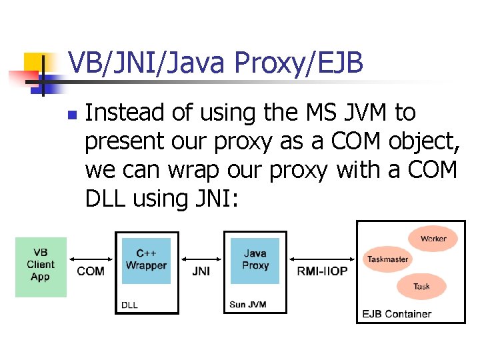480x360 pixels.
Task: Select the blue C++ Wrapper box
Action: tap(146, 261)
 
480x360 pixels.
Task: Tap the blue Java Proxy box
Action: tap(255, 261)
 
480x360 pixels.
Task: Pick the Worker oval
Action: tap(433, 239)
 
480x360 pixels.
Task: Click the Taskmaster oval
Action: tap(387, 259)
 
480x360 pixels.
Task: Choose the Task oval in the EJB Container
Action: tap(421, 287)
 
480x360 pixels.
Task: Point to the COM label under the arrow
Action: tap(91, 271)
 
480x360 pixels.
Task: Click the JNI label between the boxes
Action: tap(201, 271)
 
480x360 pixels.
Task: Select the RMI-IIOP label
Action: tap(322, 271)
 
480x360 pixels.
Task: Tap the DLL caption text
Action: tap(129, 305)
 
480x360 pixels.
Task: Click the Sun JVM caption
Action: tap(247, 305)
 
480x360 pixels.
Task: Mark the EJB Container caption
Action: tap(396, 313)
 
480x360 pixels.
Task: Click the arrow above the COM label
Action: tap(91, 259)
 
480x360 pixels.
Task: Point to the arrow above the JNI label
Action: tap(201, 259)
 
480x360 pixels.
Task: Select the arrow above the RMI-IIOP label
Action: tap(322, 259)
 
